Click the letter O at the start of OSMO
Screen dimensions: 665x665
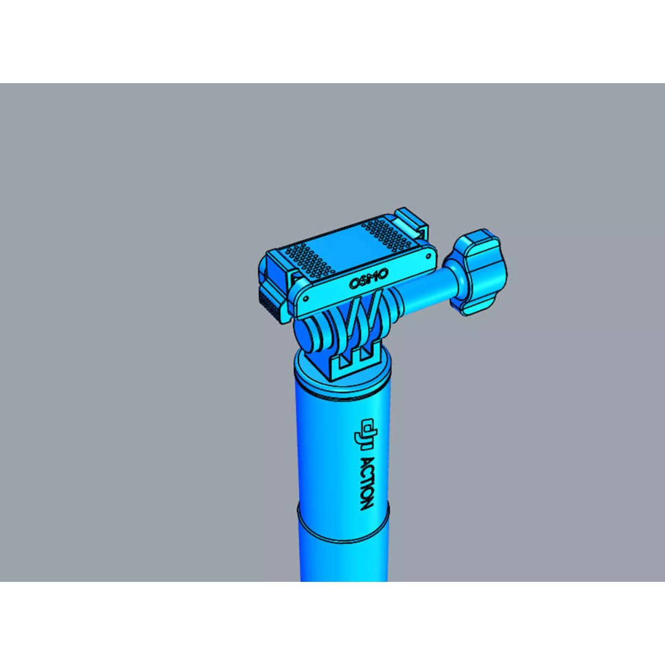(354, 284)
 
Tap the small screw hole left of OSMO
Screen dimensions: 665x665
(307, 299)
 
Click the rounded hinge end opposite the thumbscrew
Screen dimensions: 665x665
(304, 336)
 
